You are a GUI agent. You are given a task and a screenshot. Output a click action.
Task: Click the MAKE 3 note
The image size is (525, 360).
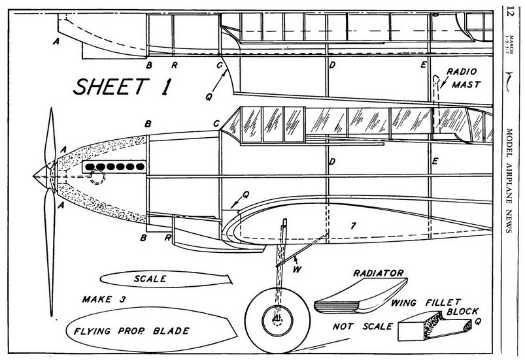105,300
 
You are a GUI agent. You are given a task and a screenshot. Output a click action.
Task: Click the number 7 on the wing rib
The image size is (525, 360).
353,227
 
